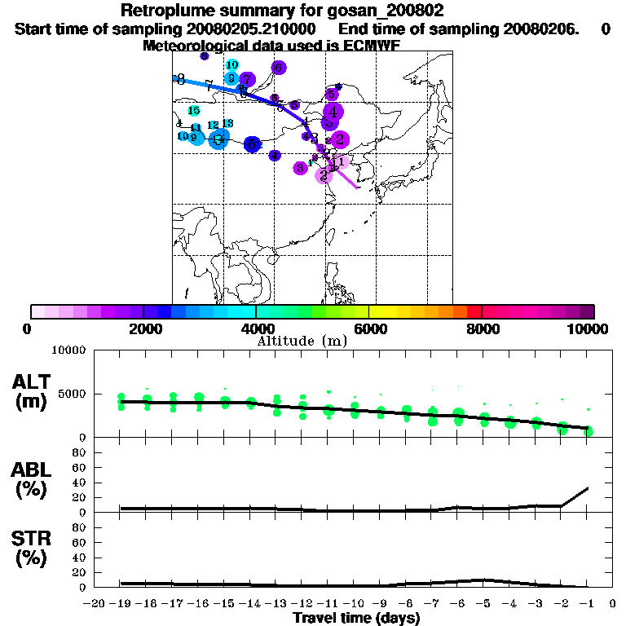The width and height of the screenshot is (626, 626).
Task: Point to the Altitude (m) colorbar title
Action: coord(302,341)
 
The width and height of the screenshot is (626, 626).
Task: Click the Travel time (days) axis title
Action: coord(356,618)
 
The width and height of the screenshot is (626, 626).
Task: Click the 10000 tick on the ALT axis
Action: coord(68,350)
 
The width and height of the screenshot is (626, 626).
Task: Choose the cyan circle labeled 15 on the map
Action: coord(194,111)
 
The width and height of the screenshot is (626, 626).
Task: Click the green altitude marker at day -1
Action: coord(588,430)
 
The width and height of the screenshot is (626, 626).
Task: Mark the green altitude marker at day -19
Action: coord(121,400)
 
